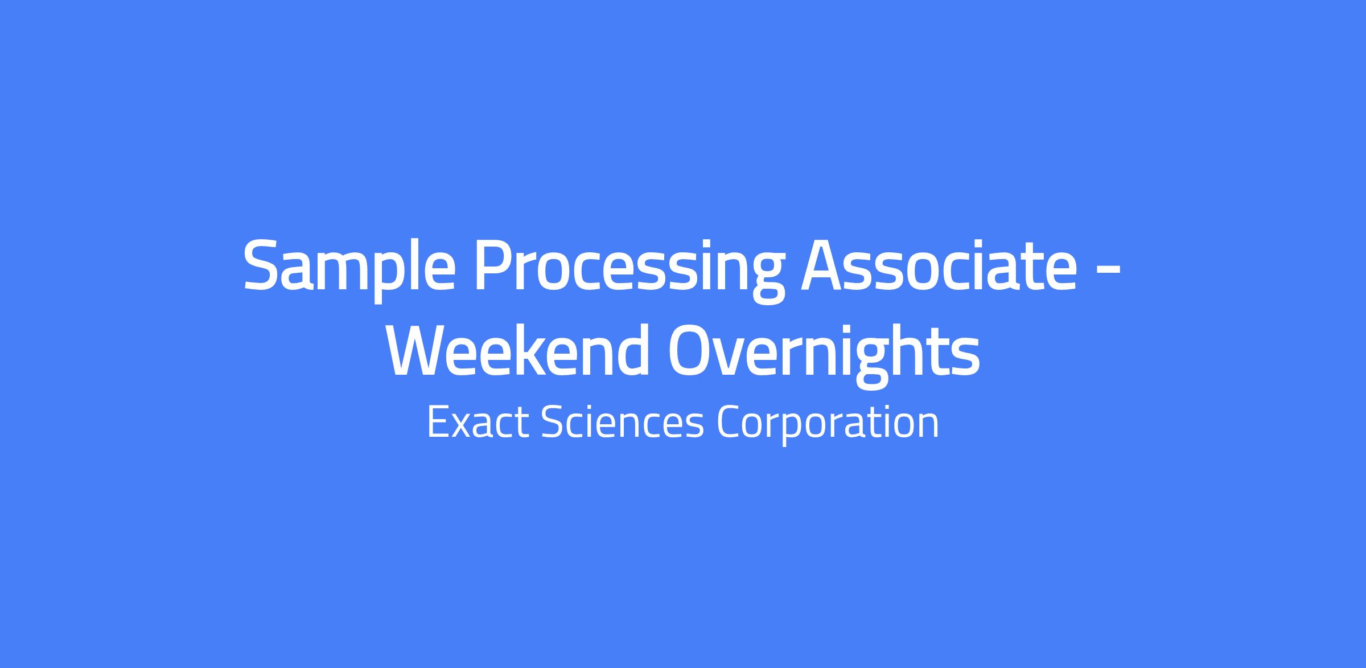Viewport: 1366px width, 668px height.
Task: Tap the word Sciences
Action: tap(623, 422)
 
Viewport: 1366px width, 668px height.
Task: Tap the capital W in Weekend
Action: tap(422, 350)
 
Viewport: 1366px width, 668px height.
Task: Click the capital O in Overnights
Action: tap(692, 350)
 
